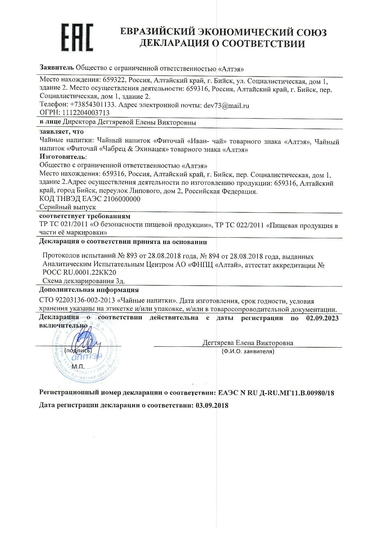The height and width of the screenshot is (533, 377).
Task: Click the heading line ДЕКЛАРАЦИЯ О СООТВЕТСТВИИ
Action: (222, 44)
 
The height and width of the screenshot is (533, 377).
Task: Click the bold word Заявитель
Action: (57, 67)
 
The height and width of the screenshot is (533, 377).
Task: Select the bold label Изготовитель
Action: (62, 157)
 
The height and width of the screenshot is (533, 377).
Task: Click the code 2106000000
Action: (122, 199)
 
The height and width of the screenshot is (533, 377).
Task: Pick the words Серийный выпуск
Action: (67, 207)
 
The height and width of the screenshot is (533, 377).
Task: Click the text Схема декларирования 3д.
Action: (84, 281)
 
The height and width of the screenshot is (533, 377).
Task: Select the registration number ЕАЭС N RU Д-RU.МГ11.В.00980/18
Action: (276, 393)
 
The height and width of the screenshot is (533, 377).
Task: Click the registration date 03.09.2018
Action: (212, 405)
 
